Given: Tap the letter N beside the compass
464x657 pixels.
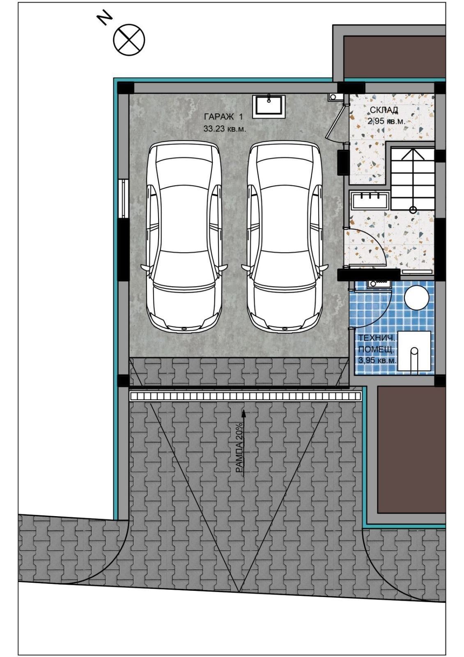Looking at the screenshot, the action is pos(105,19).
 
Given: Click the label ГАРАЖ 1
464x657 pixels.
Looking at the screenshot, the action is pos(223,117).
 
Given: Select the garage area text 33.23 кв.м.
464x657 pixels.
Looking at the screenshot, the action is pos(225,129).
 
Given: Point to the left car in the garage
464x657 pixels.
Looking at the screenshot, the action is pos(184,237).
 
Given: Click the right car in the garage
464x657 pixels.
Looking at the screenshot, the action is pos(284,237).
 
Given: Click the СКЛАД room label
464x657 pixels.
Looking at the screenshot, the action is pos(384,110).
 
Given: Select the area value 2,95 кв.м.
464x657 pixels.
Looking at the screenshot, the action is pos(386,121).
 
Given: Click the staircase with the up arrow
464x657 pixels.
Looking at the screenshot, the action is pos(412,179).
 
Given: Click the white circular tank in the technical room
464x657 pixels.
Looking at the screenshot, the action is pos(416,297).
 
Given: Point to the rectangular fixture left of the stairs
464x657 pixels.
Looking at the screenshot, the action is pos(370,200).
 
